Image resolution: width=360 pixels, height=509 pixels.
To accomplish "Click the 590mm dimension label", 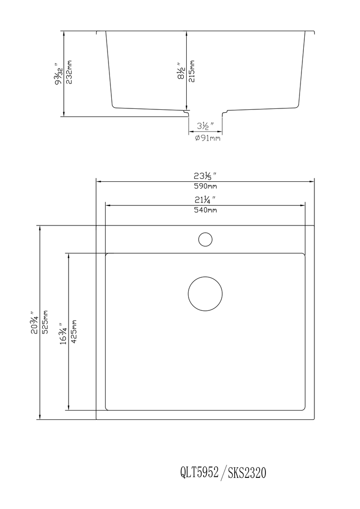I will pos(205,186).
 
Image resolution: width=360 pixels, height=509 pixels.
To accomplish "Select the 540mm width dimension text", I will pos(205,210).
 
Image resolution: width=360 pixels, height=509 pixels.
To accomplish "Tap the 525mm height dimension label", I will pos(46,322).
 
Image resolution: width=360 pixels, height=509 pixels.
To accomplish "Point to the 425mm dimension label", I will pos(74,331).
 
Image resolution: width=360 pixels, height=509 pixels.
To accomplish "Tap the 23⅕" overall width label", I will pos(205,176).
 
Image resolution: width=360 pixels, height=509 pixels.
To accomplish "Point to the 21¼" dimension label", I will pos(205,200).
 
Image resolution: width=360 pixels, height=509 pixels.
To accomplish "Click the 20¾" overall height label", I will pos(36,322).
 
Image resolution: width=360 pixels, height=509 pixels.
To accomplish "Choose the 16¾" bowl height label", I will pos(63,331).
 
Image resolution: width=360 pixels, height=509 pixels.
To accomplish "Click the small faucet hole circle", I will pos(205,239).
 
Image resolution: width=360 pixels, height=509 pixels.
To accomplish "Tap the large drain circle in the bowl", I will pos(205,293).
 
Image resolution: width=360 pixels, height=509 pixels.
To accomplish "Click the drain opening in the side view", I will pos(205,113).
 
